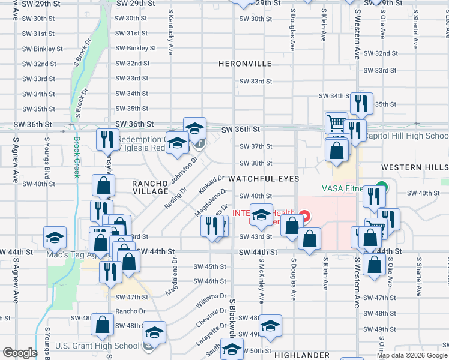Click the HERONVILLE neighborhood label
(x=245, y=64)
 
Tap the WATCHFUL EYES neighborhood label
(x=259, y=179)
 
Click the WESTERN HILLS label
(x=415, y=167)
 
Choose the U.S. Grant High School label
(x=97, y=346)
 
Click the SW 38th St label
(x=256, y=163)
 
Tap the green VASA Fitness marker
(x=379, y=186)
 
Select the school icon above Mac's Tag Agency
(x=55, y=237)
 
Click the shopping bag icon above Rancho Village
(x=104, y=185)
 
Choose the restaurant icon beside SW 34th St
(x=361, y=103)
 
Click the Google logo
(x=19, y=353)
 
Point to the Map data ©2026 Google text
(x=412, y=355)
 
